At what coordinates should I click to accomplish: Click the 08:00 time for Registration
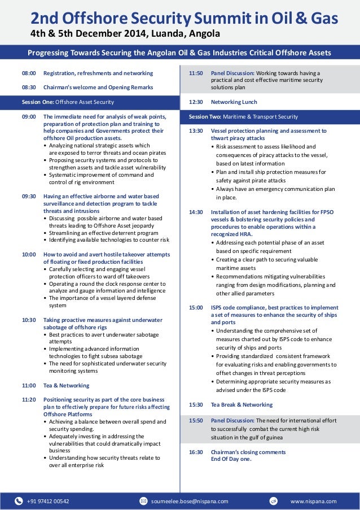click(x=28, y=73)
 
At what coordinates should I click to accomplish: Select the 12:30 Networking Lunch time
click(x=196, y=102)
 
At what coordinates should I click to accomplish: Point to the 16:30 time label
click(x=196, y=452)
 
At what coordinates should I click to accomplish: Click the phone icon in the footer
click(x=19, y=500)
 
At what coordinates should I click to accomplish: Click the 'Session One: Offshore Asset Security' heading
click(x=68, y=102)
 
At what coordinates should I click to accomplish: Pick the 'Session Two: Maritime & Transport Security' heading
click(x=243, y=116)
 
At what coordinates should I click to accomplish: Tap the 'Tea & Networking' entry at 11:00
click(x=66, y=385)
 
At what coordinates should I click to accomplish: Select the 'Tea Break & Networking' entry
click(x=242, y=404)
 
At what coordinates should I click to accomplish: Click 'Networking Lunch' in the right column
click(x=234, y=102)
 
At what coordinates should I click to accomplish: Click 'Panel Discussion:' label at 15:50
click(x=232, y=421)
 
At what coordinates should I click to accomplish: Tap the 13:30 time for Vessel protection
click(x=196, y=130)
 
